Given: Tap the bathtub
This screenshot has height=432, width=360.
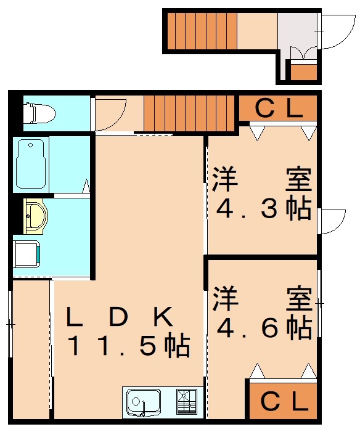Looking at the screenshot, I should tap(32, 165).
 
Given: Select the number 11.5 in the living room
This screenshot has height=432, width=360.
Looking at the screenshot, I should tap(127, 347).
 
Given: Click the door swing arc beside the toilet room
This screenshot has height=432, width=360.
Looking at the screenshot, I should tap(111, 114).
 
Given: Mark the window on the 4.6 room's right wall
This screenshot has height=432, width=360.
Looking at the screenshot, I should tap(319, 303).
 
